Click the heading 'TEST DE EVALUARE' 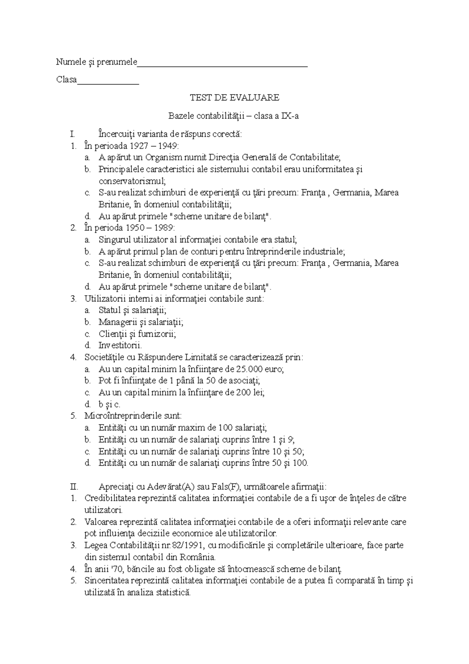coord(234,98)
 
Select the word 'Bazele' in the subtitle coord(181,116)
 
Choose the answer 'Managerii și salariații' coord(141,322)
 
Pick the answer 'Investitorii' coord(120,346)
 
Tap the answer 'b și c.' coord(109,405)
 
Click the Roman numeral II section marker coord(73,487)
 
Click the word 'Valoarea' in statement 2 coord(100,522)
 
